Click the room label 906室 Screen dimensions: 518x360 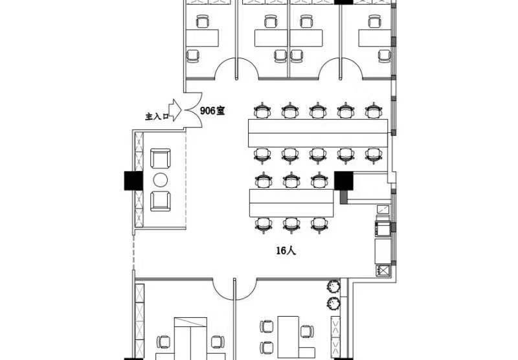[x=212, y=111]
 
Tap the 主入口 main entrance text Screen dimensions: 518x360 [x=157, y=117]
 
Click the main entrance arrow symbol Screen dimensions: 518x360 [x=175, y=110]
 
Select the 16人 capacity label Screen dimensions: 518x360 [x=286, y=251]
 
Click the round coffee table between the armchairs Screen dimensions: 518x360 [x=160, y=180]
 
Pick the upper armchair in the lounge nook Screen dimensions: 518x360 [x=161, y=158]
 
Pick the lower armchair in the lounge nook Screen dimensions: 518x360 [x=161, y=201]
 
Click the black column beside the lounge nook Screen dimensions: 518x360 [x=133, y=181]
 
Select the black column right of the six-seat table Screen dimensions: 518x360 [x=344, y=181]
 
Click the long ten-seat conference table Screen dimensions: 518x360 [x=318, y=133]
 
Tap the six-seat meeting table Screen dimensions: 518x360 [x=291, y=203]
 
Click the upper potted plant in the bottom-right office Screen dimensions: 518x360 [x=333, y=286]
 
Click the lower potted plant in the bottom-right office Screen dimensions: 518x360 [x=333, y=303]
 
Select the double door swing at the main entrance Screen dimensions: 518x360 [x=193, y=110]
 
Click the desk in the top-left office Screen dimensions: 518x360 [x=202, y=38]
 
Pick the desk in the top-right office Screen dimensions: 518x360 [x=375, y=38]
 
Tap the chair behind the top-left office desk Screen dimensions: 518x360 [x=203, y=21]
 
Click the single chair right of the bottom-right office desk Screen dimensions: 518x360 [x=307, y=332]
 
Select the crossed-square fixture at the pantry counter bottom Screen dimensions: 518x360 [x=383, y=271]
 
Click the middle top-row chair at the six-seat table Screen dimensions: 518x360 [x=291, y=181]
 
